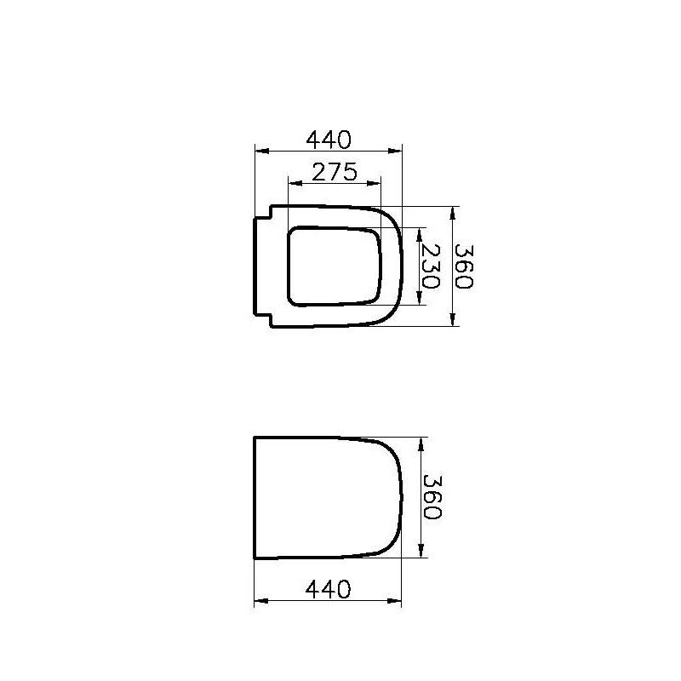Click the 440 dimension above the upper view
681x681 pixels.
(329, 138)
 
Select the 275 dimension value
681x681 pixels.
(333, 171)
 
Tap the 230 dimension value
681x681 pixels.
(433, 266)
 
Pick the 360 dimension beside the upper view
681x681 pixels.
(464, 266)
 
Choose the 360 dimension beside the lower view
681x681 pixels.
(433, 497)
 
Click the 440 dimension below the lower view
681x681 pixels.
(328, 588)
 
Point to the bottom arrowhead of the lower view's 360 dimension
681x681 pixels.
(420, 553)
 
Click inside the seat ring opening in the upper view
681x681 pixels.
(332, 266)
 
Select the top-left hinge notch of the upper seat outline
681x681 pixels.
(265, 212)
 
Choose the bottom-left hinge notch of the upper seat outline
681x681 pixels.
(265, 319)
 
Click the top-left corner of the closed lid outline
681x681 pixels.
(255, 438)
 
